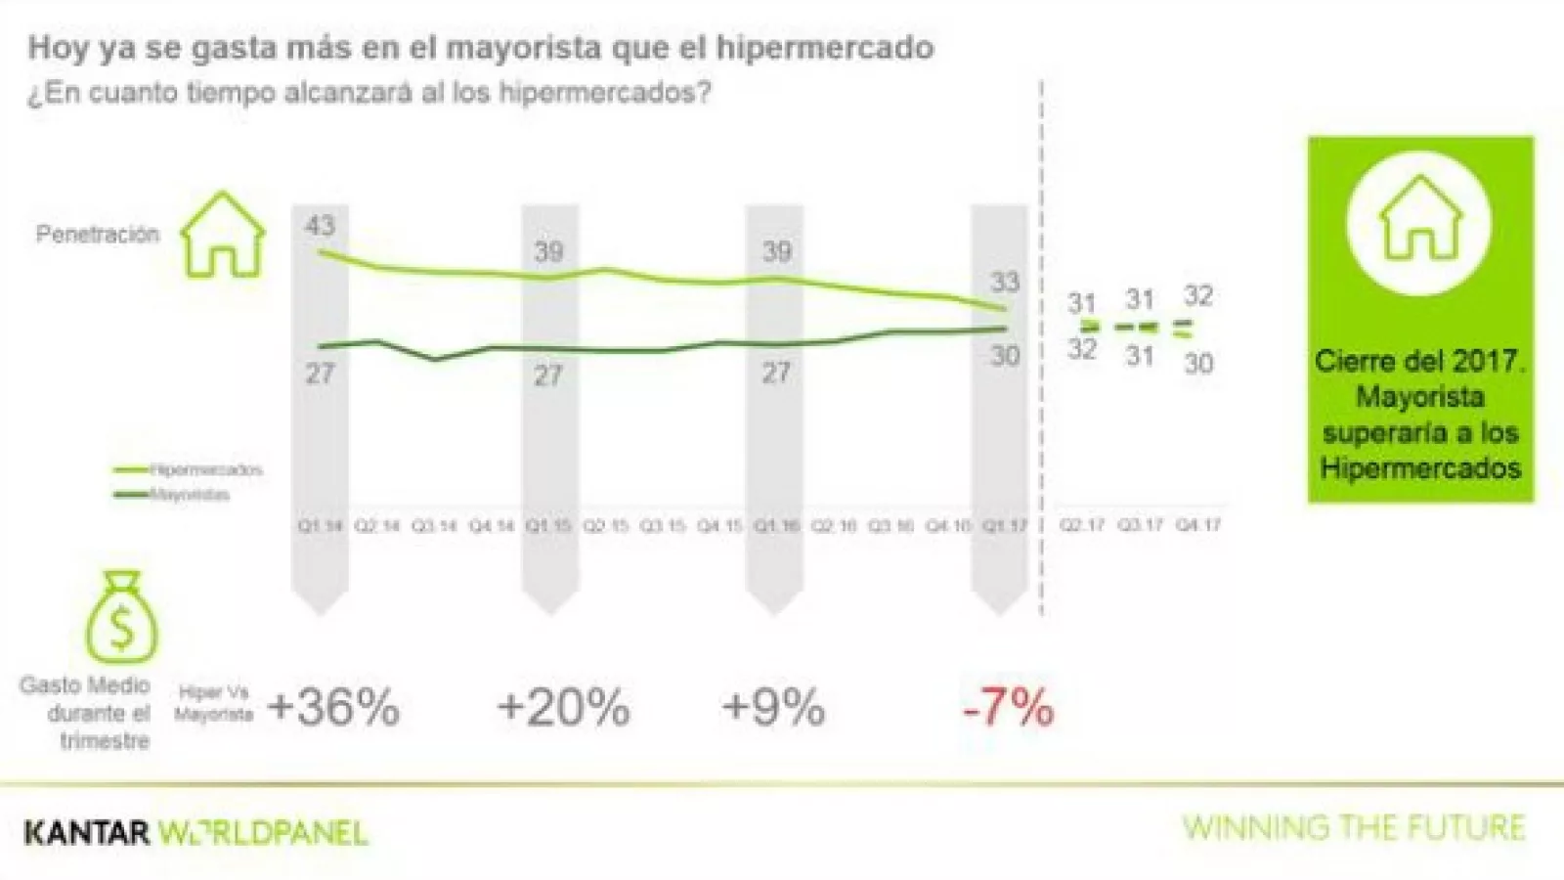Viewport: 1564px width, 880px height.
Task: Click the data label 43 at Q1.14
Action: pyautogui.click(x=320, y=226)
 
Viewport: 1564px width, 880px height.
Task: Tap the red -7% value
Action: pyautogui.click(x=1008, y=707)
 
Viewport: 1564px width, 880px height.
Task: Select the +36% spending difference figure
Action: pyautogui.click(x=333, y=707)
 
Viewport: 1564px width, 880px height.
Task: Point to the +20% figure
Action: pyautogui.click(x=563, y=707)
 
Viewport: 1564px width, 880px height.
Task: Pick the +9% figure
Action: pyautogui.click(x=773, y=707)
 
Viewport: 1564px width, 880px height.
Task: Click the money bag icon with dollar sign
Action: pyautogui.click(x=121, y=617)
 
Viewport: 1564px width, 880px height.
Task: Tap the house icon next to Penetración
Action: pyautogui.click(x=224, y=235)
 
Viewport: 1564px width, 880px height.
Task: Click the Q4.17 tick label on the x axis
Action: pyautogui.click(x=1198, y=526)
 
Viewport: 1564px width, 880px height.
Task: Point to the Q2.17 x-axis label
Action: pyautogui.click(x=1083, y=526)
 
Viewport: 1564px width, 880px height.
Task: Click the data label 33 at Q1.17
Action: pyautogui.click(x=1005, y=283)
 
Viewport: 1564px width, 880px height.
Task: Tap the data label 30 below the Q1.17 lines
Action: pyautogui.click(x=1005, y=356)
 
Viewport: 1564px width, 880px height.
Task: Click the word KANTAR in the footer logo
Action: pyautogui.click(x=87, y=833)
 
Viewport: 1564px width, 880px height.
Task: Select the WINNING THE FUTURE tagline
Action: pyautogui.click(x=1354, y=828)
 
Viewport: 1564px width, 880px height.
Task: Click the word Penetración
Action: pyautogui.click(x=97, y=235)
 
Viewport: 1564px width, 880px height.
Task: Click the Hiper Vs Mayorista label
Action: pyautogui.click(x=214, y=704)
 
